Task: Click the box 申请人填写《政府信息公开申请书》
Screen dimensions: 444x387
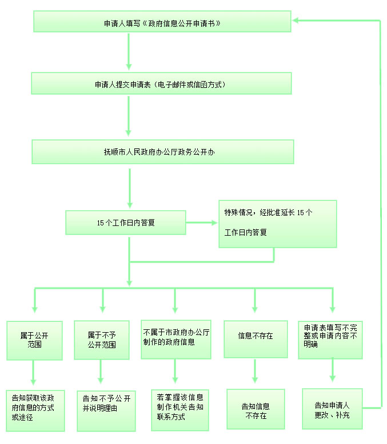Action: [162, 22]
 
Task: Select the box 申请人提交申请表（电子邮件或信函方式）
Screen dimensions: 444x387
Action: [162, 83]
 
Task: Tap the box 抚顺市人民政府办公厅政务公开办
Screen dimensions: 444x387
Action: [163, 152]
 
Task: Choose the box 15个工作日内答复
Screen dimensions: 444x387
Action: [126, 223]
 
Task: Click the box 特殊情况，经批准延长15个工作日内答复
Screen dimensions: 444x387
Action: [278, 223]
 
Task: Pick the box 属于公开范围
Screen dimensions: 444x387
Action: [34, 340]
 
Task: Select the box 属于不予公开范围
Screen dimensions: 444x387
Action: [102, 340]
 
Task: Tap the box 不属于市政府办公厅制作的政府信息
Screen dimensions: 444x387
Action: [176, 339]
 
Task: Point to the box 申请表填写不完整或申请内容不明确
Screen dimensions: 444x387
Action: [330, 340]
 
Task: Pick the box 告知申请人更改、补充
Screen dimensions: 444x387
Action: [332, 409]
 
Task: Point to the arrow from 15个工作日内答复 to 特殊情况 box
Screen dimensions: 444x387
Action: [202, 223]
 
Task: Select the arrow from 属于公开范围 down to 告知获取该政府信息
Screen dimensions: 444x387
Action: [34, 375]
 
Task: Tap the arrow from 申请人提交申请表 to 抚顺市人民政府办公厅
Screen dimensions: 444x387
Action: [129, 117]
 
